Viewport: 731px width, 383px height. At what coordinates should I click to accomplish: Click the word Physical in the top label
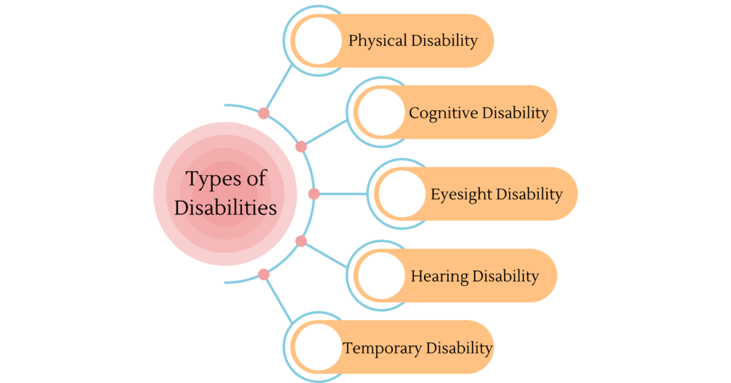point(378,41)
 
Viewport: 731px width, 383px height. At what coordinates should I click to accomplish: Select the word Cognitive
point(443,113)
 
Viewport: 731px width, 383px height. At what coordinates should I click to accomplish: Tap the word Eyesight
point(460,194)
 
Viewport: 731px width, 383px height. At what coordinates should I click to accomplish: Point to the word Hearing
point(439,276)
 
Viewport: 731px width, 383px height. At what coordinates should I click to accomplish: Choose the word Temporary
point(383,348)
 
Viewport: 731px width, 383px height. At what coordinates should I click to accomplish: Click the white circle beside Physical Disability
point(318,41)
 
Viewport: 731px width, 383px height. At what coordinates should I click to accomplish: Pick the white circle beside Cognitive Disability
point(381,112)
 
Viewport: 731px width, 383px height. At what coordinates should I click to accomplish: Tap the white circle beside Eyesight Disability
point(402,194)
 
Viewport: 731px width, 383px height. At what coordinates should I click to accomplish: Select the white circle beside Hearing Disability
point(381,276)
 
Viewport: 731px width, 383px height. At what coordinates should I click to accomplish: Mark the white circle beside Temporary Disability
point(318,347)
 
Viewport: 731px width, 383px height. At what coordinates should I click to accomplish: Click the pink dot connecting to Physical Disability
point(264,114)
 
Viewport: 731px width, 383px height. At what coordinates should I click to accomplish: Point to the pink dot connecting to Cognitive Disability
point(301,146)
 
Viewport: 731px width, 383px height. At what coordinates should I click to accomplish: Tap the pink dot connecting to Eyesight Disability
point(314,194)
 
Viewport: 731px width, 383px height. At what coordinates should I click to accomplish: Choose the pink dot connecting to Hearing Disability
point(301,242)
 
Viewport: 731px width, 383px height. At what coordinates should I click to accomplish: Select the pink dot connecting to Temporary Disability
point(264,275)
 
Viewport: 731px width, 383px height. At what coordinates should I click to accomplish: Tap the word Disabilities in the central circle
point(226,208)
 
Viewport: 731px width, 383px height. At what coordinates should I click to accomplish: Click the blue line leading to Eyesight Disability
point(343,194)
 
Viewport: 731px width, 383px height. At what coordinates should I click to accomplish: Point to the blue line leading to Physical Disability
point(279,87)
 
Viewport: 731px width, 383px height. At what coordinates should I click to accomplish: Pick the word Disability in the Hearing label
point(505,276)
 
